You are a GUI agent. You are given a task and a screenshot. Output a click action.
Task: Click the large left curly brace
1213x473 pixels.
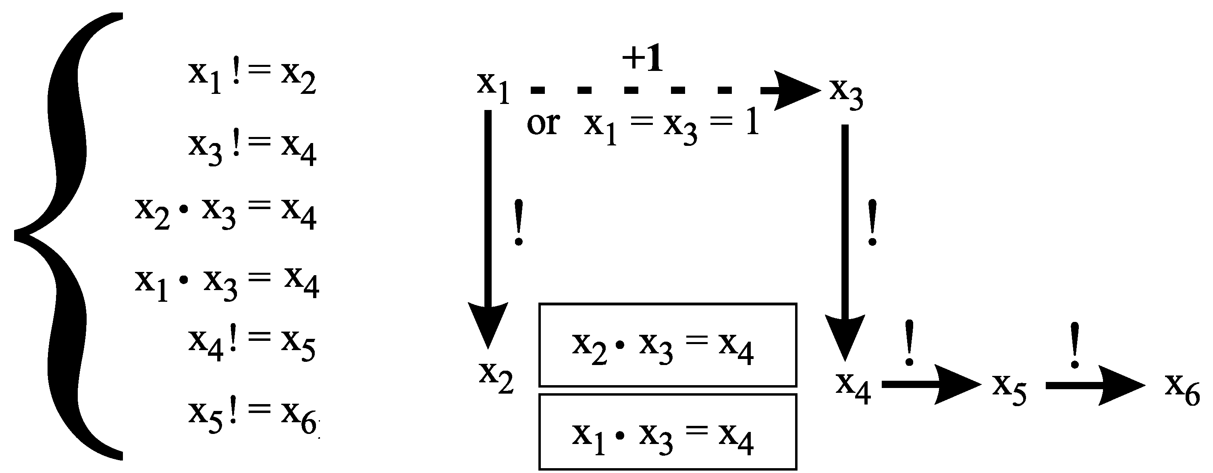click(66, 235)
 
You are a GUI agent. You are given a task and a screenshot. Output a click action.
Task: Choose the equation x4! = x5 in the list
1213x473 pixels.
click(252, 344)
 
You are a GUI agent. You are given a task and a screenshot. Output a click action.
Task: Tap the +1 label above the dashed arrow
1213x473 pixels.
click(642, 59)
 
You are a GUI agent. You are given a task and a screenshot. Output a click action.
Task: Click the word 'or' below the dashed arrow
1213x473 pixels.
click(543, 124)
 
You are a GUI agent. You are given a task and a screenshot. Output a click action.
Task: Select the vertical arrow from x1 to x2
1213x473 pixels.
click(488, 226)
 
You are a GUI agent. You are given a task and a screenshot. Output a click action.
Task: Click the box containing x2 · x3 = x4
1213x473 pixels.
click(668, 345)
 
